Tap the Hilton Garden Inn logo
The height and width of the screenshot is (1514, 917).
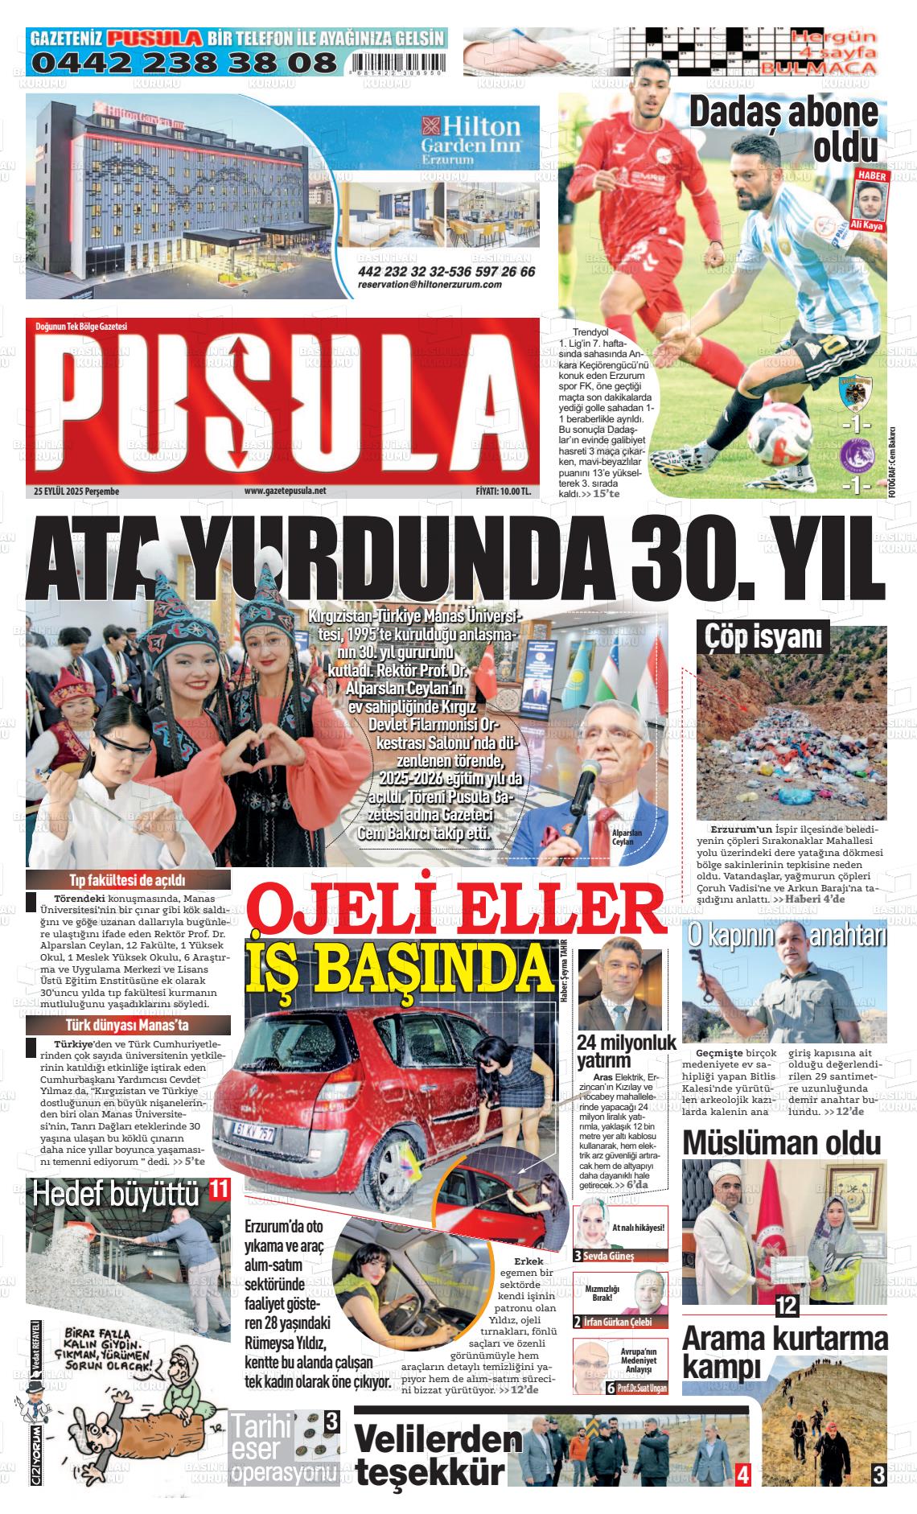point(471,138)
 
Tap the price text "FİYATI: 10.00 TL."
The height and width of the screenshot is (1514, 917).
point(503,491)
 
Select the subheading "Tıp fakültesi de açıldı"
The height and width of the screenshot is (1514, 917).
point(128,880)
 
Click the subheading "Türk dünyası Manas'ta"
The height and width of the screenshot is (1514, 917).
point(128,1026)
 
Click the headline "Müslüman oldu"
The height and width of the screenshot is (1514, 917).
point(782,1142)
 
